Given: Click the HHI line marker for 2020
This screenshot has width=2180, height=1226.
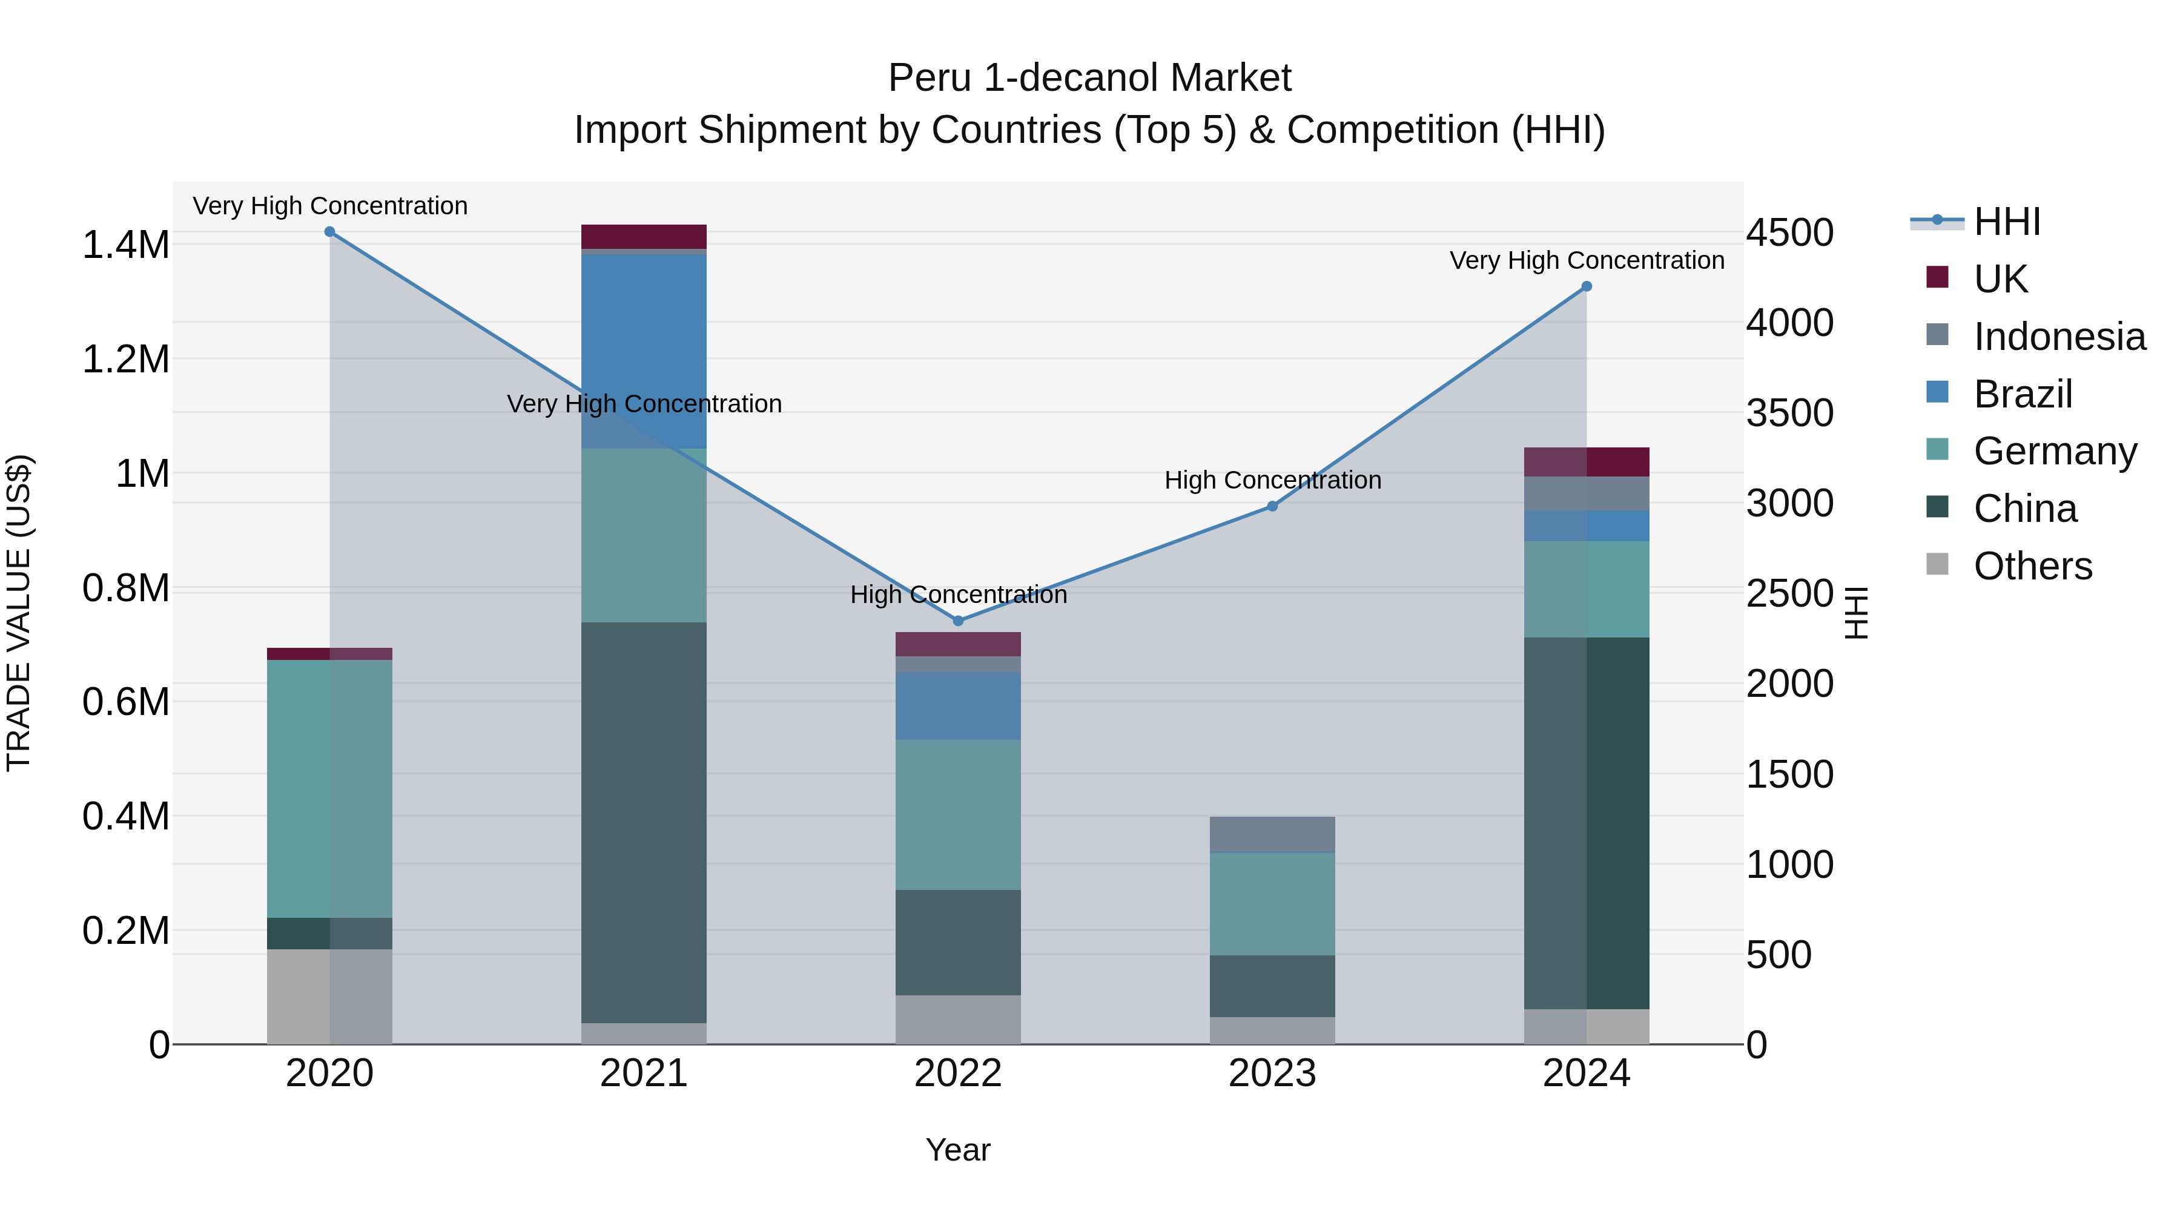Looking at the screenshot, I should (330, 232).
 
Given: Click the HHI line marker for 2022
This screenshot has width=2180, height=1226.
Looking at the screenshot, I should (958, 621).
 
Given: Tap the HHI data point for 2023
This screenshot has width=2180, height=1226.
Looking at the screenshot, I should (1272, 506).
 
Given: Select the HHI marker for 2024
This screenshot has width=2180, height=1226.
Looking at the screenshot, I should (1587, 287).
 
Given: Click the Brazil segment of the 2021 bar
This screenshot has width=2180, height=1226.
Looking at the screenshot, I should (644, 338).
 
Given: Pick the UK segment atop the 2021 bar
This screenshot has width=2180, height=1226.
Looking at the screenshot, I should (644, 237).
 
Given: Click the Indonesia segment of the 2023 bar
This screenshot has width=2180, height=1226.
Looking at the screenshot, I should (1272, 834).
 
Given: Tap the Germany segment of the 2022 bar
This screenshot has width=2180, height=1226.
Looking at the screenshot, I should (958, 815).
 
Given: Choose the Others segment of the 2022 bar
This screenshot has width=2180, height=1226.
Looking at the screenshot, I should (958, 1019).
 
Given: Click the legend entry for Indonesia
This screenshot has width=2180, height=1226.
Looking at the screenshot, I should (2058, 337).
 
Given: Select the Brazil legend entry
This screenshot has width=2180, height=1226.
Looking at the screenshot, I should (2022, 394).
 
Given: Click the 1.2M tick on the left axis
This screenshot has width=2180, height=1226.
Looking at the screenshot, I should (125, 360).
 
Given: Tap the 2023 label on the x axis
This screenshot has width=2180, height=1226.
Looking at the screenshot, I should (1272, 1073).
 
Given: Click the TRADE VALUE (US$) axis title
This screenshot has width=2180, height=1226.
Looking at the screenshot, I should (19, 613).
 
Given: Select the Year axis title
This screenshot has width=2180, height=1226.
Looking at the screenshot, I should (958, 1150).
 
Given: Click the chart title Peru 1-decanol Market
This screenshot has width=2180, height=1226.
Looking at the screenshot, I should (1089, 78).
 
